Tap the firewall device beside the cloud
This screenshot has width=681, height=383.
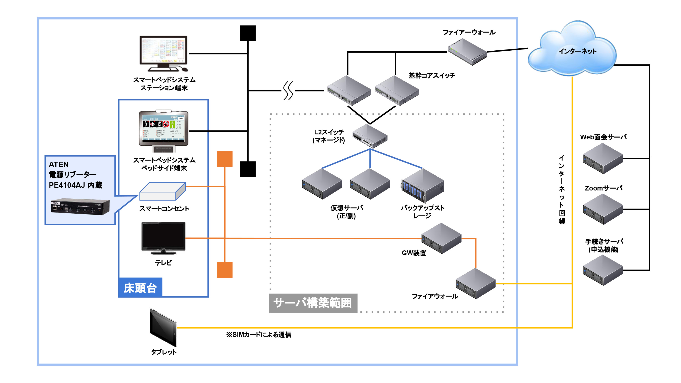tap(467, 52)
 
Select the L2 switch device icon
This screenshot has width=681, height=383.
tap(370, 136)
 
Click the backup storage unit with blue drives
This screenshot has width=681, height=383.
tap(422, 186)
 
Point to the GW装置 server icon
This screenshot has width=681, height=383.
tap(441, 239)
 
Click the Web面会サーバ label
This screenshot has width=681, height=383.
tap(603, 137)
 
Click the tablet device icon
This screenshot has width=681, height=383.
tap(163, 328)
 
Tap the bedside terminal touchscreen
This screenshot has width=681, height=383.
tap(163, 128)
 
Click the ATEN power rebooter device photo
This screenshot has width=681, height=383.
tap(80, 206)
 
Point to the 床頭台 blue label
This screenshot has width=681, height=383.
tap(140, 288)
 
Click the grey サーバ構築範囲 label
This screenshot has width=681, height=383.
tap(313, 303)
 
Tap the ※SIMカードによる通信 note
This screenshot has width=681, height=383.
tap(258, 335)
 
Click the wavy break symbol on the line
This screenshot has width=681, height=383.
tap(288, 91)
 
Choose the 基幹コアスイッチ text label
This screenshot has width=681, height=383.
tap(432, 76)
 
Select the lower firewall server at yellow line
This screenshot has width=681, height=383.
tap(475, 284)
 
